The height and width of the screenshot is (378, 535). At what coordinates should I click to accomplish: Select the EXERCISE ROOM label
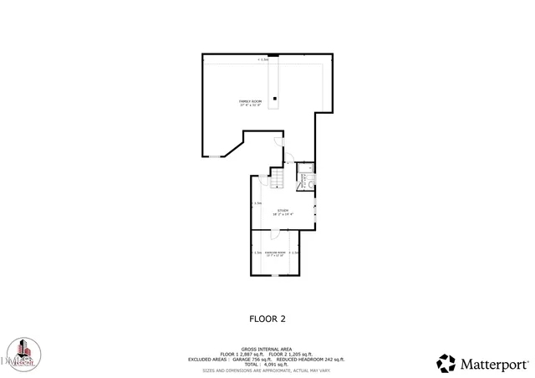pyautogui.click(x=276, y=253)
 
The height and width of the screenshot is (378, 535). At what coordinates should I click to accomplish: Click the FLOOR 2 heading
pyautogui.click(x=267, y=319)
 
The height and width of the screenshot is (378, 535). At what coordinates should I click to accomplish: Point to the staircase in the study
pyautogui.click(x=279, y=177)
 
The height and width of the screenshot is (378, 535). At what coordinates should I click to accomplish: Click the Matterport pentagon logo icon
pyautogui.click(x=446, y=363)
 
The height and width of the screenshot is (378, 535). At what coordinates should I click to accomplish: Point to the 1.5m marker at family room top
pyautogui.click(x=264, y=60)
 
